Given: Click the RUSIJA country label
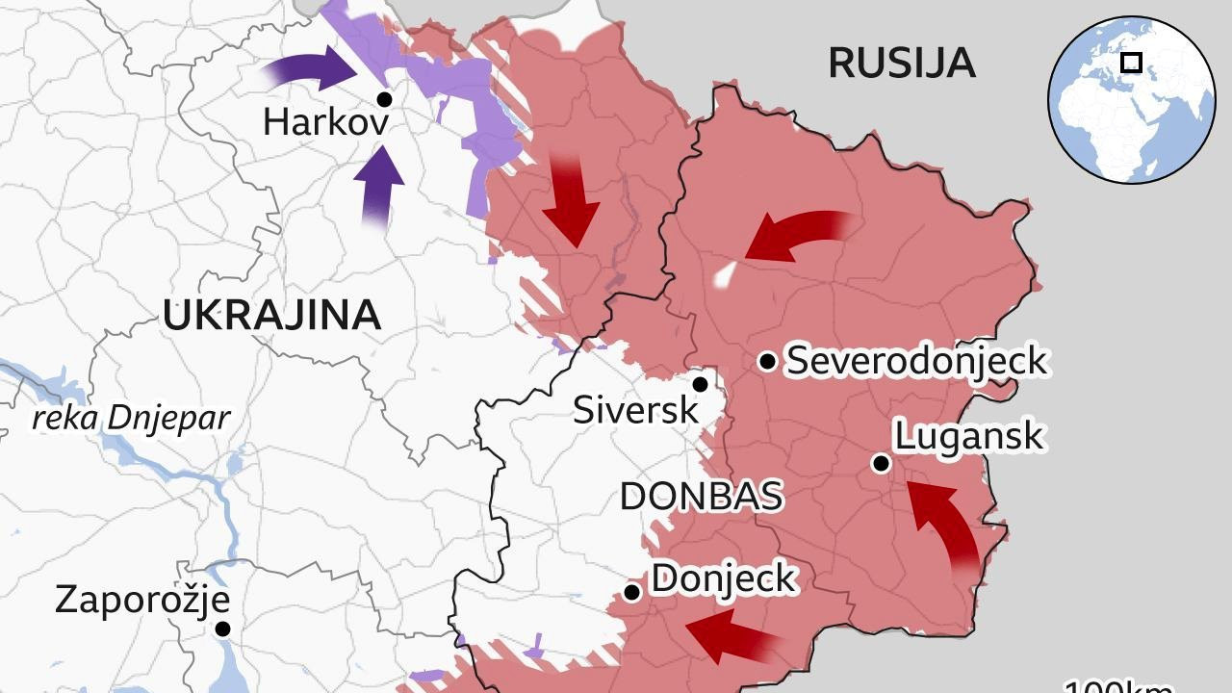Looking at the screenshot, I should (902, 64).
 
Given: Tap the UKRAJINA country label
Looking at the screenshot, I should (271, 316).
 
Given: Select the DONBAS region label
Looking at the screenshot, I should (701, 497).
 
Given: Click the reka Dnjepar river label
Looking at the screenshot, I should (132, 419).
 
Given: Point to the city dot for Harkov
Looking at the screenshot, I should (384, 99).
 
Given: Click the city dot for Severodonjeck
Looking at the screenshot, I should (767, 361).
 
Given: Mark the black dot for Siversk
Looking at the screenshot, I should (701, 385).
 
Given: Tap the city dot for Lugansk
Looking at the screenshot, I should (880, 464).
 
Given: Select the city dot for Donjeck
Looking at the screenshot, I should (631, 592).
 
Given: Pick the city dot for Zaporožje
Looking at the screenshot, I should (222, 629).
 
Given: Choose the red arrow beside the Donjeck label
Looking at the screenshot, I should (731, 636).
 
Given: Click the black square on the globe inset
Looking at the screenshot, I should (1132, 64).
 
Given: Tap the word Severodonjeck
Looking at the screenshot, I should (916, 361).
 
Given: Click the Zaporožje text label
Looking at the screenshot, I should (141, 600).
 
